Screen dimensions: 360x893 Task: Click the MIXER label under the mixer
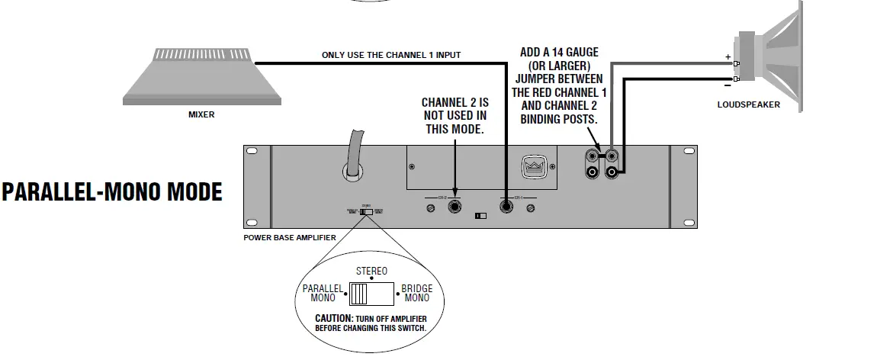(x=201, y=115)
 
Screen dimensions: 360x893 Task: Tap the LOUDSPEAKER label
(x=748, y=104)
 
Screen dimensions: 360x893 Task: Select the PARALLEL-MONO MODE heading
(x=112, y=191)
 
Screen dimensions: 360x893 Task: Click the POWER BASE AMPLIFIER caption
(x=290, y=237)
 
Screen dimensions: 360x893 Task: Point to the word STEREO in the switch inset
(x=372, y=271)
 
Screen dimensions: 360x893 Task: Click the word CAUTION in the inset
(x=333, y=317)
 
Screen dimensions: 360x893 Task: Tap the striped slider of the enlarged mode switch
(x=359, y=294)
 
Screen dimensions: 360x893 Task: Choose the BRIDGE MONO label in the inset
(x=416, y=294)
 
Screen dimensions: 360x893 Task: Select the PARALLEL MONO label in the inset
(x=323, y=294)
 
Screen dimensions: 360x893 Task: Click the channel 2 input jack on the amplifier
(x=455, y=206)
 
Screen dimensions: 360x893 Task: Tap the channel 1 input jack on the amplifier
(x=506, y=206)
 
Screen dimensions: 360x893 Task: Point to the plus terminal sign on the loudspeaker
(x=727, y=57)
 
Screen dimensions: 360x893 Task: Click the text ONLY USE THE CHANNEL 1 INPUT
(x=391, y=55)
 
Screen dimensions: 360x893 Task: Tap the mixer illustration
(x=201, y=78)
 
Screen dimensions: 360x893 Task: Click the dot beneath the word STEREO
(x=371, y=279)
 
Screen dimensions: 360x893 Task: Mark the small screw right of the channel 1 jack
(x=531, y=207)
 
